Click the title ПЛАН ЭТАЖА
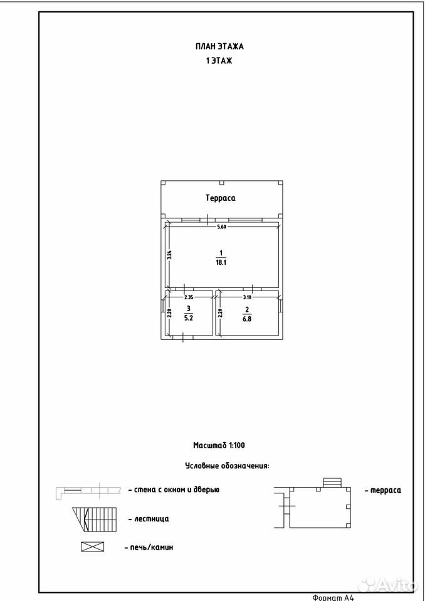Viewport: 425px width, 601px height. coord(219,46)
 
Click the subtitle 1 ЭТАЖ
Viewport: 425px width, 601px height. coord(219,61)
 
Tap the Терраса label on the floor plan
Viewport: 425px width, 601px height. coord(221,198)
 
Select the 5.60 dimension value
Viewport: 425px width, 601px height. coord(222,227)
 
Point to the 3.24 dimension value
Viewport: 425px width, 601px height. coord(169,255)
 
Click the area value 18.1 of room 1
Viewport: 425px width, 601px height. coord(221,263)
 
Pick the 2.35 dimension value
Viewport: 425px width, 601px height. coord(189,297)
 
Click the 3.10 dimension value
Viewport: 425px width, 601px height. coord(247,297)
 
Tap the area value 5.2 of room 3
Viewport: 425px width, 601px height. coord(188,318)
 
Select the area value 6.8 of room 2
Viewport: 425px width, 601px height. coord(247,319)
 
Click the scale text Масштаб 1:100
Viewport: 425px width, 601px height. coord(219,445)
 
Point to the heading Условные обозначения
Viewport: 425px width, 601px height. coord(228,466)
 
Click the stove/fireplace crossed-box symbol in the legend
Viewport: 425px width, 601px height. coord(93,547)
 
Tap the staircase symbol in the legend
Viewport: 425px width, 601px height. coord(95,520)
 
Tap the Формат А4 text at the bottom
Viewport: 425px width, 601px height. coord(332,597)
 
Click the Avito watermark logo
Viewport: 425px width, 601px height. coord(387,585)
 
